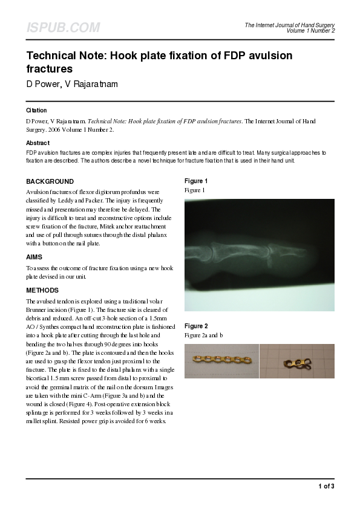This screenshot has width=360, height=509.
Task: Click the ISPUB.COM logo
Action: coord(63,28)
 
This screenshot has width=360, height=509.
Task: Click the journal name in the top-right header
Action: coord(289,25)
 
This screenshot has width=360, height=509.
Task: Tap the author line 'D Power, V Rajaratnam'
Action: coord(72,84)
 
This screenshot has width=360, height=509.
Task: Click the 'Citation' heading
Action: coord(36,111)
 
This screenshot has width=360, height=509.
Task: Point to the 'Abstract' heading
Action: coord(38,143)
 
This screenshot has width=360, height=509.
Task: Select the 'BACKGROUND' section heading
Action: coord(50,181)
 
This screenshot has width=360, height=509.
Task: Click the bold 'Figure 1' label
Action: coord(196,181)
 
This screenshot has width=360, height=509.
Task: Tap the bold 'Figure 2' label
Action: coord(196,326)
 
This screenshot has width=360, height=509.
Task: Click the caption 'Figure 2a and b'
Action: coord(204,335)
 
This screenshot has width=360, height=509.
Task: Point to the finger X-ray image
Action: coord(259,255)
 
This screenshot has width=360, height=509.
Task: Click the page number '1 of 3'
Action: coord(326,486)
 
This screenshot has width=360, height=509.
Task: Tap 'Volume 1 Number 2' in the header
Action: coord(310,31)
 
